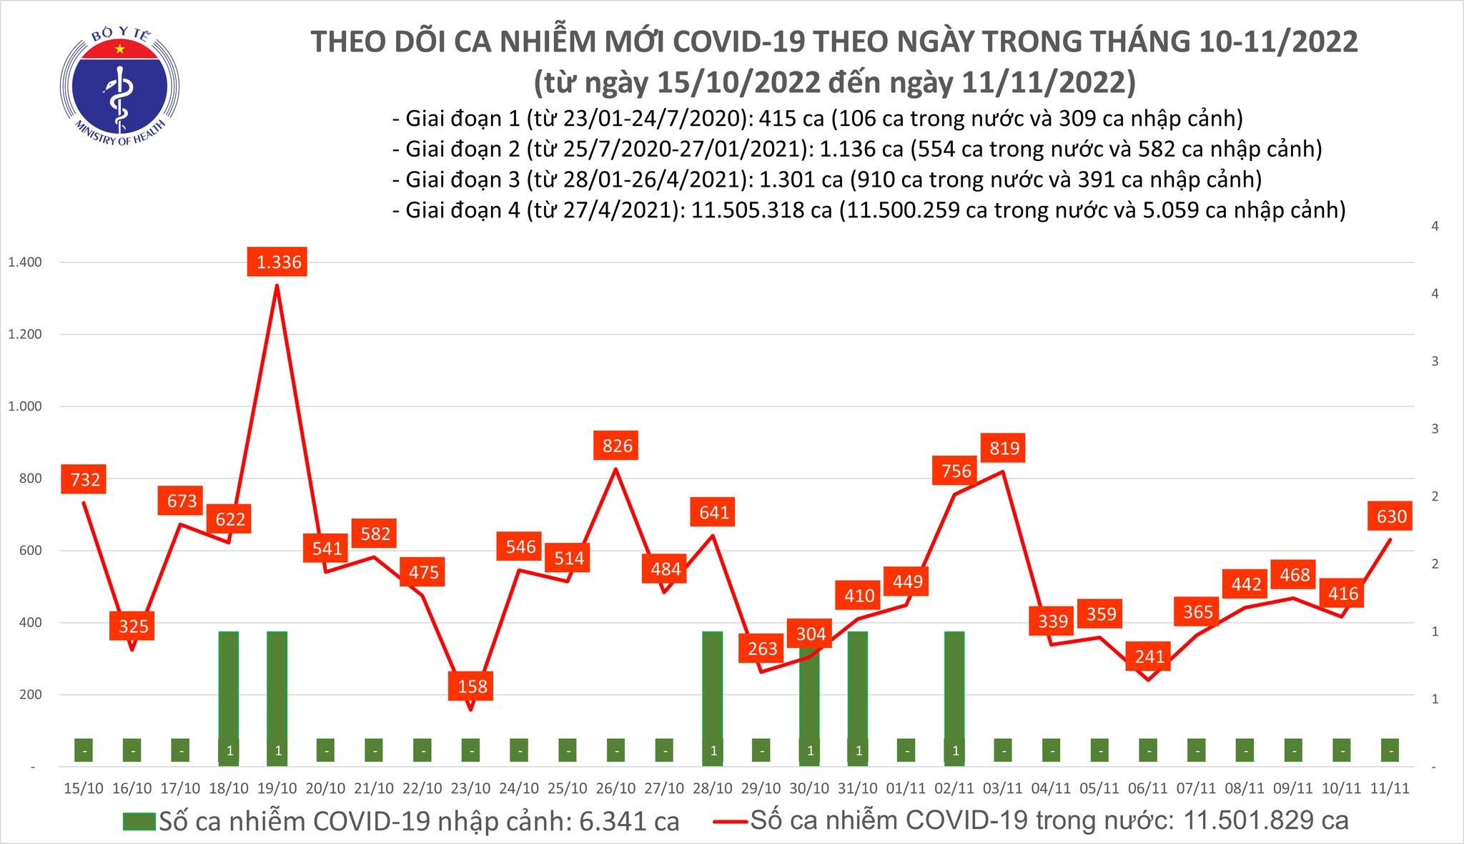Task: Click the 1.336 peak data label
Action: (280, 262)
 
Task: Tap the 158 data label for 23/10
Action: (472, 686)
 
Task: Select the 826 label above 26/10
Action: (617, 446)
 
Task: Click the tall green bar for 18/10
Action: (228, 687)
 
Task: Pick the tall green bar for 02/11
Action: (954, 687)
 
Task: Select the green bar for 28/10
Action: (713, 687)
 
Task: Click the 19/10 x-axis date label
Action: (277, 788)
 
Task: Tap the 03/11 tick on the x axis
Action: (1002, 788)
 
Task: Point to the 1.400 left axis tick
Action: (24, 262)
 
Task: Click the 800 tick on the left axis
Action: (30, 479)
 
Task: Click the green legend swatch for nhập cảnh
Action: (138, 821)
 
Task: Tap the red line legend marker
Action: (731, 821)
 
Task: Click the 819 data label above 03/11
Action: (1004, 448)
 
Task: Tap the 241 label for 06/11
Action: (1149, 656)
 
